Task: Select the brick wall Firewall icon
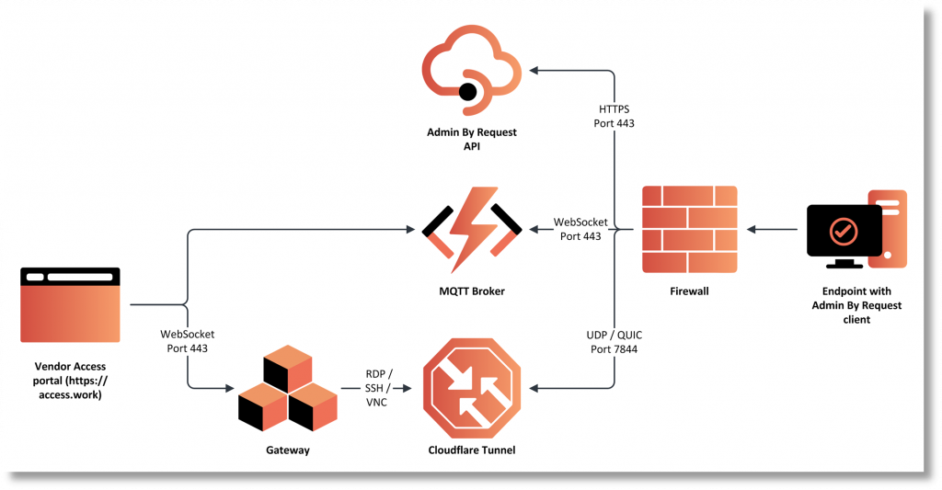(x=690, y=229)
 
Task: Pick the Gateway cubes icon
(x=287, y=392)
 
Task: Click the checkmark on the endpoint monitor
(x=844, y=231)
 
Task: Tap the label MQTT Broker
(x=471, y=291)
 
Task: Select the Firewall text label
(x=690, y=291)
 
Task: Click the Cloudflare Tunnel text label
(x=472, y=450)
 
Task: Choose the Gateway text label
(x=287, y=450)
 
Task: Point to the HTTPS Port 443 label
(x=614, y=116)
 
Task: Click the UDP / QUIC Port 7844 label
(x=614, y=342)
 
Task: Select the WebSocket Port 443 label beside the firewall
(x=580, y=230)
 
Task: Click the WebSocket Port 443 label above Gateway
(x=188, y=341)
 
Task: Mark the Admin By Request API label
(x=472, y=139)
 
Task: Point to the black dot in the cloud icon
(x=467, y=91)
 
